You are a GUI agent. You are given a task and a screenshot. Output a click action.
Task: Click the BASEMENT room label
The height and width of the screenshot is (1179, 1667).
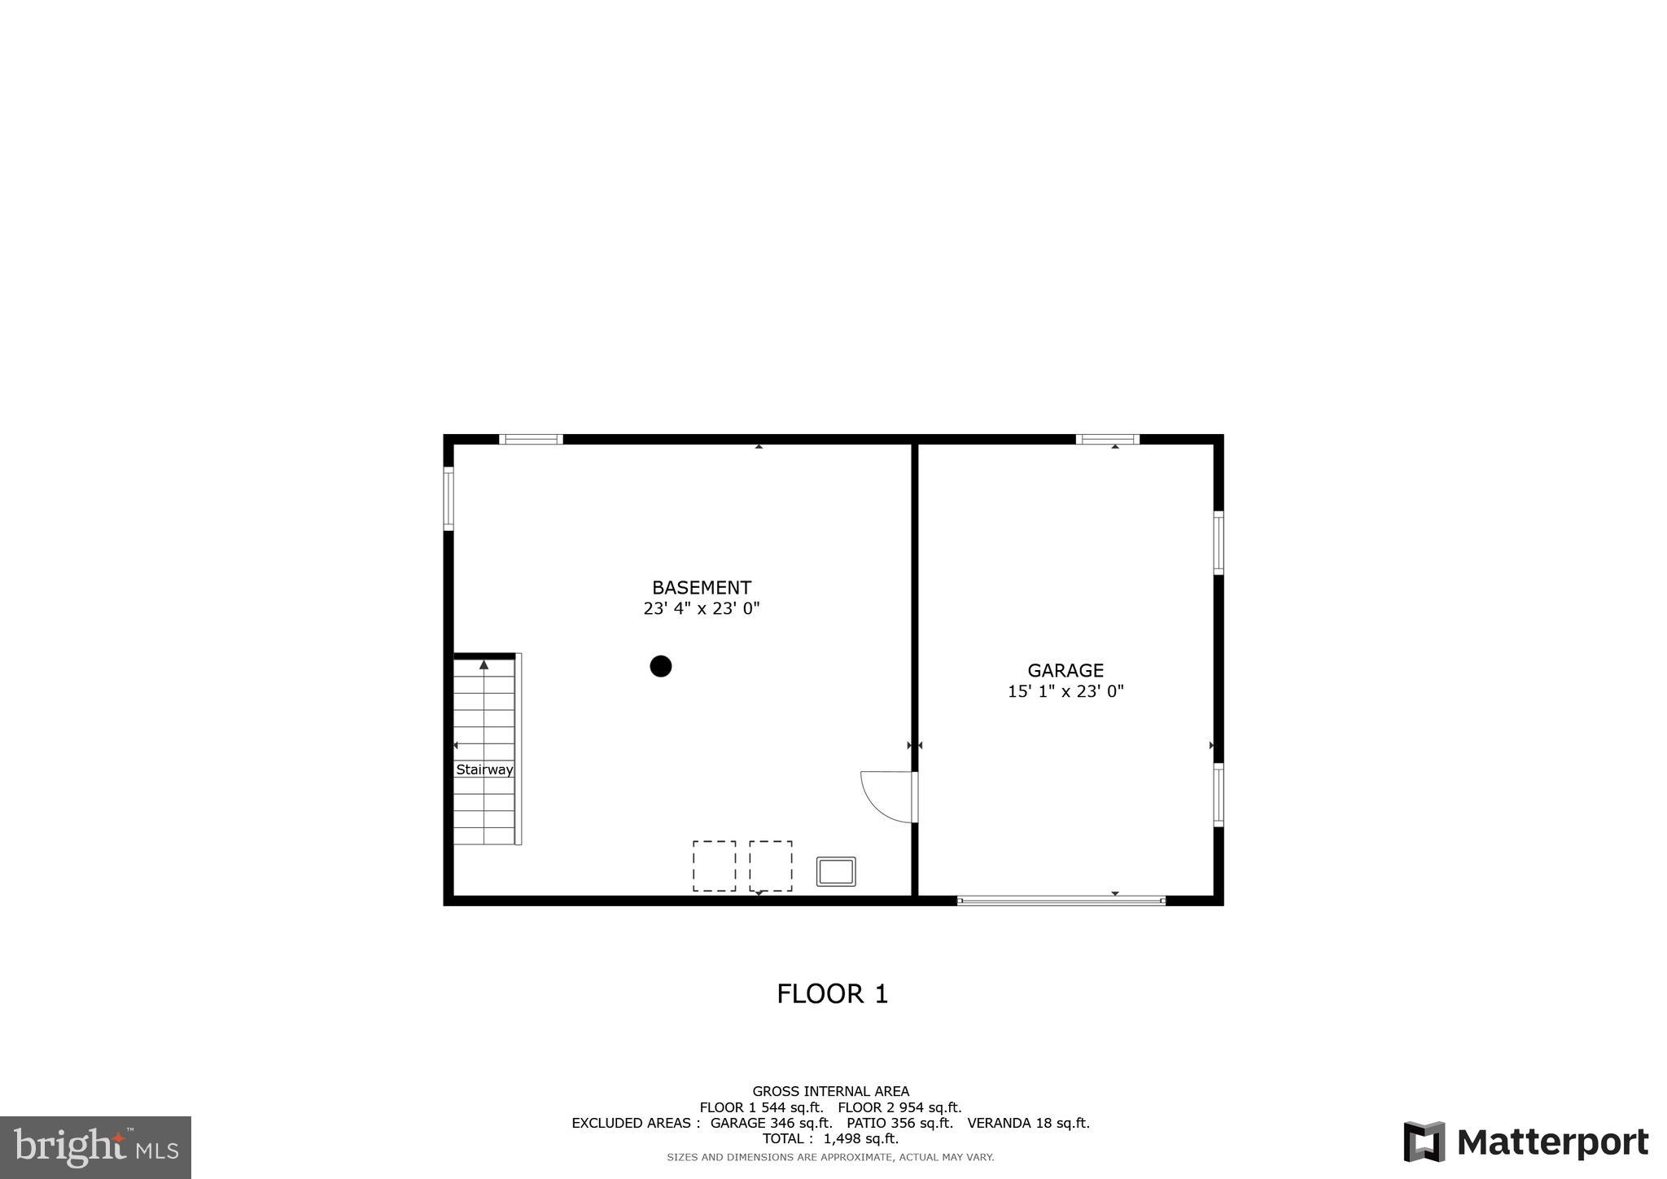tap(701, 587)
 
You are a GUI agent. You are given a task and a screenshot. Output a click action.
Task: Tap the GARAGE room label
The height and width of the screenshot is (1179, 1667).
tap(1065, 670)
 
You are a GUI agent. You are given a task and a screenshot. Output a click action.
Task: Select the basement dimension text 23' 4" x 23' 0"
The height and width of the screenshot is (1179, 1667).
tap(701, 608)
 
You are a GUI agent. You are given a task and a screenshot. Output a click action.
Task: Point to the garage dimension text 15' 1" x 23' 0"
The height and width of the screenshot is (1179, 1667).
tap(1065, 691)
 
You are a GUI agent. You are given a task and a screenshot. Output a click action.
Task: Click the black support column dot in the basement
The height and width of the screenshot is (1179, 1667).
tap(660, 666)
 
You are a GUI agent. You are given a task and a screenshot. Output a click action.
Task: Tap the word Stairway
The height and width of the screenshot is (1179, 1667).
tap(484, 769)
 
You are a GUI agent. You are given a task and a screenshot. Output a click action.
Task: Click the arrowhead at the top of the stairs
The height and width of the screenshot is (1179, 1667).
tap(484, 664)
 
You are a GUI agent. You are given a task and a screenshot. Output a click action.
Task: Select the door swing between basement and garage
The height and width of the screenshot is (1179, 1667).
tap(887, 795)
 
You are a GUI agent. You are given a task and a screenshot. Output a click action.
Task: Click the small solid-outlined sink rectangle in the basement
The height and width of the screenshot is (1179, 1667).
tap(836, 871)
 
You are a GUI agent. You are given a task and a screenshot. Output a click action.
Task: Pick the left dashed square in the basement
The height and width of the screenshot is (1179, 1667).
tap(714, 866)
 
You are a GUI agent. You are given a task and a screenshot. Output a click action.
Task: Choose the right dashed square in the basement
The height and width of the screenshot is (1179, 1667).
tap(770, 866)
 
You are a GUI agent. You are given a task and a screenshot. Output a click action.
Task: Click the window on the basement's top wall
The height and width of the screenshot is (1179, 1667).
tap(531, 440)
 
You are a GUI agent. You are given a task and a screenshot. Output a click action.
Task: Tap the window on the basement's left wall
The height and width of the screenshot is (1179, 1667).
tap(448, 498)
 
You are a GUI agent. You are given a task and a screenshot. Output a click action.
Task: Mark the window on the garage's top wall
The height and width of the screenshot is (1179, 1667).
tap(1107, 440)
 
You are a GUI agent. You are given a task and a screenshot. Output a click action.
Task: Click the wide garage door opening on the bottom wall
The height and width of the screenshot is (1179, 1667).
tap(1061, 901)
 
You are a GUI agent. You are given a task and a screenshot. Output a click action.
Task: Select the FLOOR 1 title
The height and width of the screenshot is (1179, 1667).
tap(832, 994)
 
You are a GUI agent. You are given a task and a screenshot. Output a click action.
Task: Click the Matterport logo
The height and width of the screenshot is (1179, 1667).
tap(1525, 1142)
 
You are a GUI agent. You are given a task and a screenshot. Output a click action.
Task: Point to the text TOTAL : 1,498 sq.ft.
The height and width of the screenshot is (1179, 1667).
tap(830, 1139)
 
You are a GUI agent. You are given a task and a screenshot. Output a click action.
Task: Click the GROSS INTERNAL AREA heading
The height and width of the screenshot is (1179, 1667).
tap(830, 1091)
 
